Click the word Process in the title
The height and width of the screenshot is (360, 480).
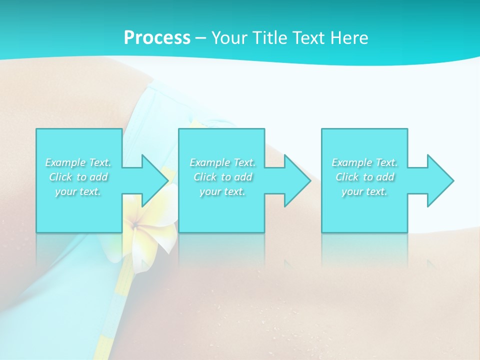pos(157,38)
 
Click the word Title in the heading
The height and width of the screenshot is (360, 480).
pos(269,38)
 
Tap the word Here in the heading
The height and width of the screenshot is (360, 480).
pos(350,38)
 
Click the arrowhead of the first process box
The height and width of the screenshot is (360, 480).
pos(155,180)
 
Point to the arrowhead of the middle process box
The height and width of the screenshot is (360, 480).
pos(298,180)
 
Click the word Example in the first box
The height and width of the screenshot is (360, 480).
pos(64,162)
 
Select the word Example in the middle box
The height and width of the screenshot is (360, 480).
pos(209,162)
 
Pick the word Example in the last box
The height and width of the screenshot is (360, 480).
pos(351,162)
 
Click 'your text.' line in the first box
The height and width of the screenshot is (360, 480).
pos(78,191)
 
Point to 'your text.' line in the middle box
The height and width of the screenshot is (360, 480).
pos(222,191)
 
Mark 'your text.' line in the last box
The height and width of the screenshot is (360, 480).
pos(364,191)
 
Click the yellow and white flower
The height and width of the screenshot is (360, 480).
pos(145,235)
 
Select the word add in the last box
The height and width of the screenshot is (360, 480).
pos(385,177)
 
